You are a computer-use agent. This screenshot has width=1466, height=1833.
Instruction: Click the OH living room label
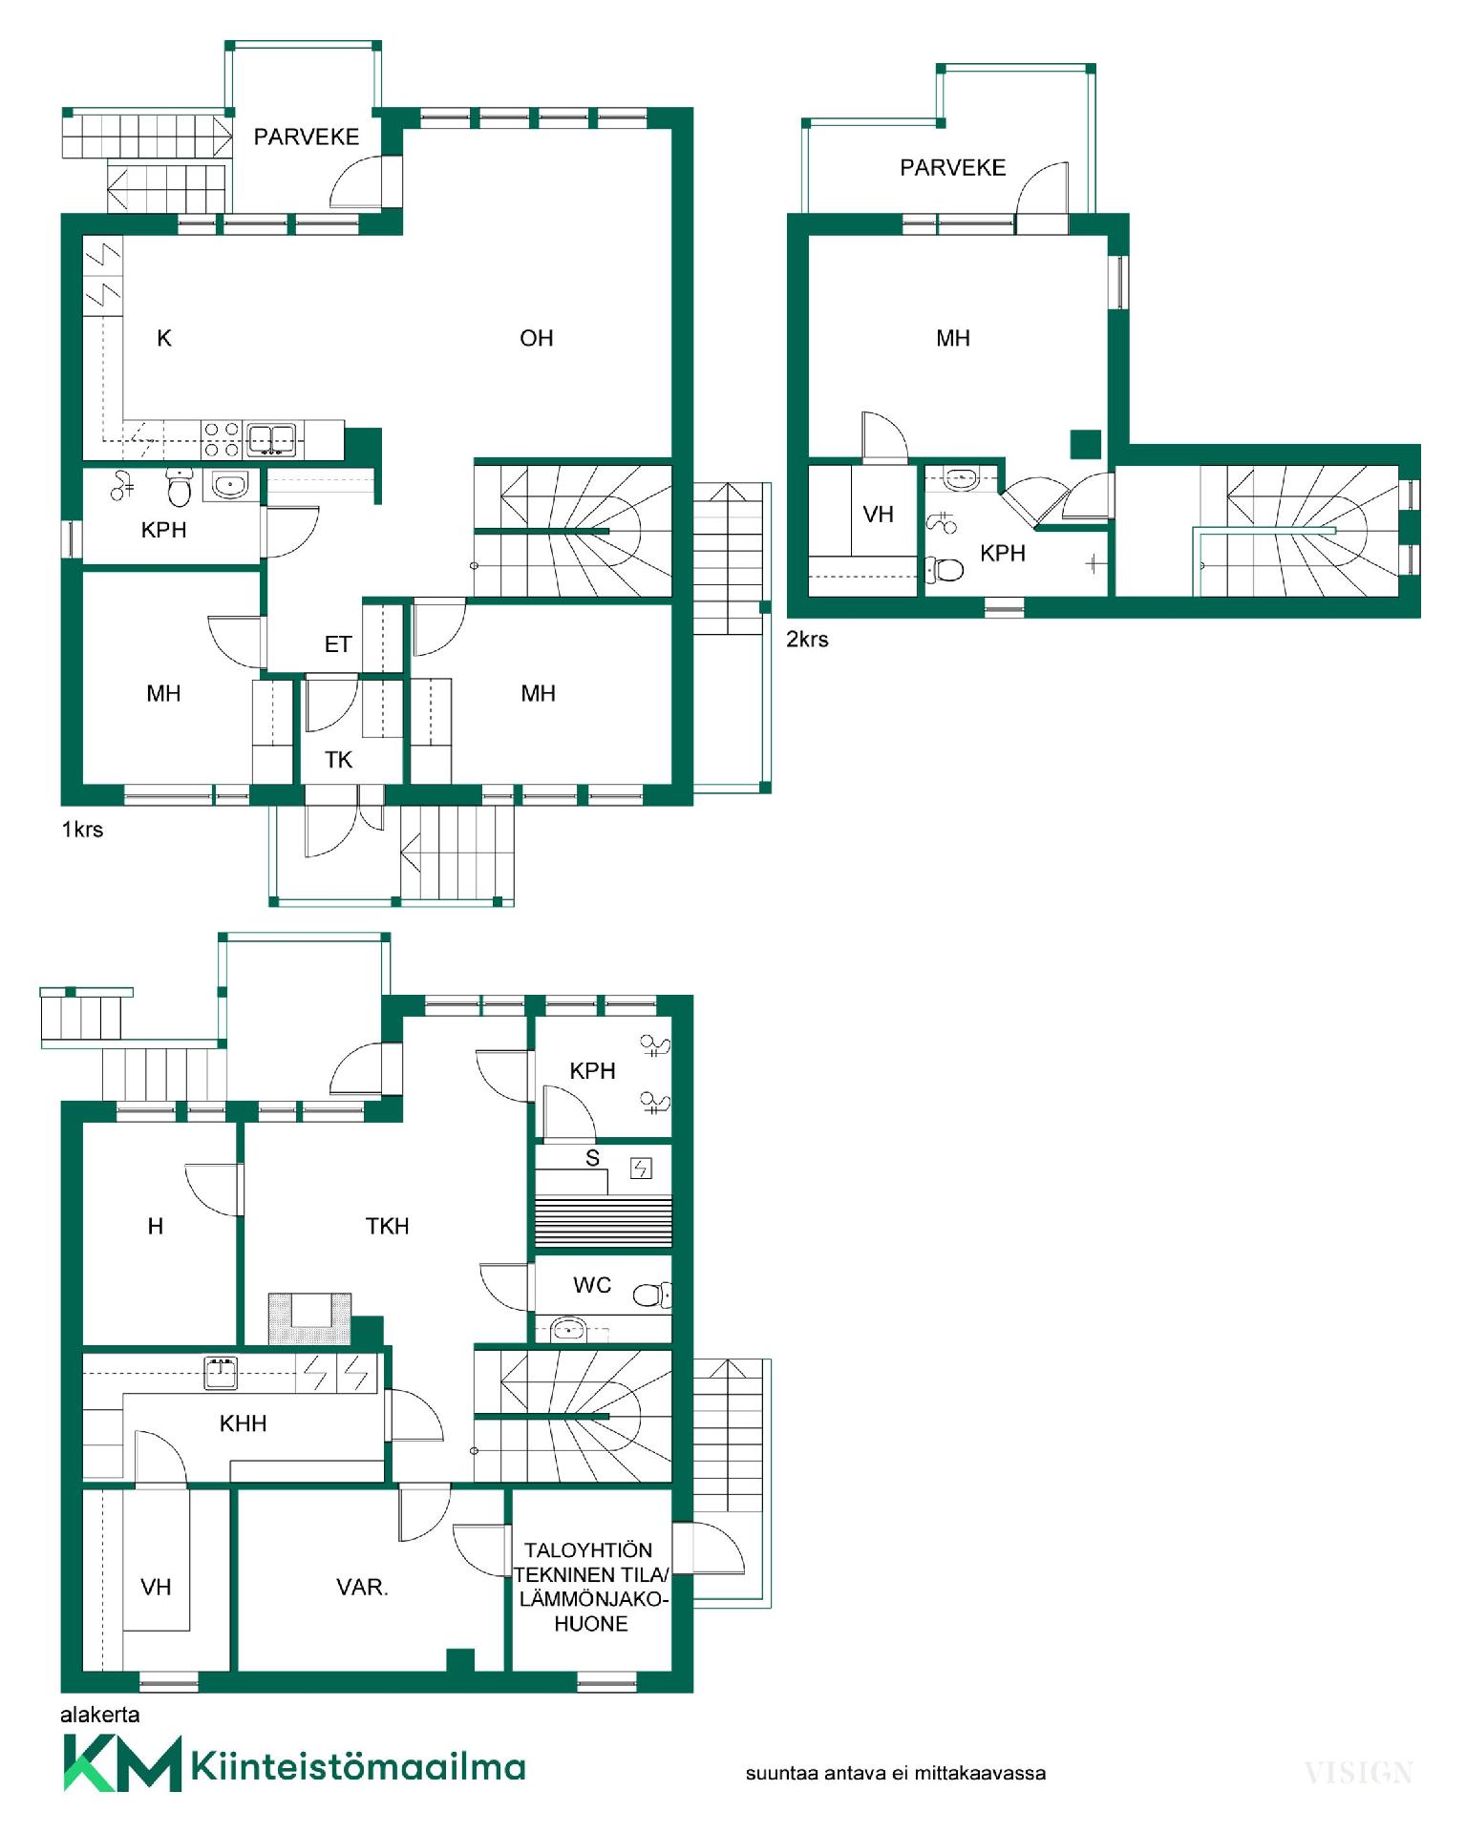click(x=536, y=338)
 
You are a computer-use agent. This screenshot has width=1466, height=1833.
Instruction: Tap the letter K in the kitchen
click(x=164, y=338)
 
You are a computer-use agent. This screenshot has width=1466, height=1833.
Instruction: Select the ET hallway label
click(x=338, y=644)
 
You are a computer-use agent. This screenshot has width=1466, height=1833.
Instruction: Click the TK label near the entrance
click(x=338, y=760)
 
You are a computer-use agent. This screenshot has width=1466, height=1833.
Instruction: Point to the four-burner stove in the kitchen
click(x=223, y=440)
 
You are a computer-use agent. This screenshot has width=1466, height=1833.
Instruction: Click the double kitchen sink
click(x=272, y=439)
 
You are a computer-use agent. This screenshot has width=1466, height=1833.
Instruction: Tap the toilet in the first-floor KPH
click(x=179, y=487)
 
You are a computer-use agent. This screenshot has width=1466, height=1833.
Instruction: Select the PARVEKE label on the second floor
click(x=952, y=168)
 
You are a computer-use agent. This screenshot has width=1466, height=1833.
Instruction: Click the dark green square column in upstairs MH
click(x=1085, y=445)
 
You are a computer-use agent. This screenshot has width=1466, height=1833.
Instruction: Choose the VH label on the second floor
click(x=878, y=516)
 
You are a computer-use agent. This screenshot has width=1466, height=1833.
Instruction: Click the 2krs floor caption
click(x=807, y=640)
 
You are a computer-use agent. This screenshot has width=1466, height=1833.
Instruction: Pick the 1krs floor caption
click(x=82, y=830)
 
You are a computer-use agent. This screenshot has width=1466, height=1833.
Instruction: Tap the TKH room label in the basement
click(x=387, y=1226)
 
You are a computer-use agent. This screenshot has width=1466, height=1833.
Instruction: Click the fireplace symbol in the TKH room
click(x=310, y=1318)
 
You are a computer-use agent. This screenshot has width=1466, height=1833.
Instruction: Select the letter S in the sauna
click(x=592, y=1158)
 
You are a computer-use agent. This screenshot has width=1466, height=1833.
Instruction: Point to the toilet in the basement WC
click(x=652, y=1295)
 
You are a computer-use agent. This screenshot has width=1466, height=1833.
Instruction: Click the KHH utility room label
click(x=243, y=1423)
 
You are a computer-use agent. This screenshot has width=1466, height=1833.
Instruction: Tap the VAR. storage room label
click(x=362, y=1588)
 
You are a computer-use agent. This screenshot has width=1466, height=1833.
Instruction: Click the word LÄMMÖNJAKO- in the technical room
click(x=593, y=1599)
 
